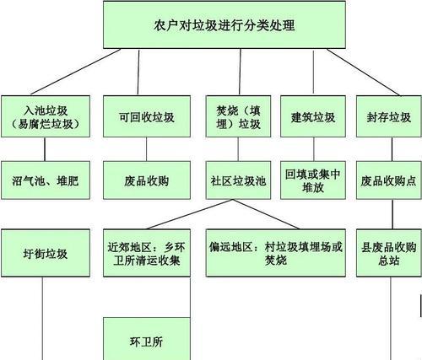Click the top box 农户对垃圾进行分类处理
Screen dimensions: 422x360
(225, 24)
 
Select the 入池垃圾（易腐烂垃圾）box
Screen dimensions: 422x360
(46, 116)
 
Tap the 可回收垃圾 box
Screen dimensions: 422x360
(147, 116)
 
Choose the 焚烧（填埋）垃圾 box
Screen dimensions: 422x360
(238, 116)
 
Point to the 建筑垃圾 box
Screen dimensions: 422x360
(313, 116)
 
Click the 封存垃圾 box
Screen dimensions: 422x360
(389, 116)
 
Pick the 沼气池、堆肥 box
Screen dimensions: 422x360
(46, 180)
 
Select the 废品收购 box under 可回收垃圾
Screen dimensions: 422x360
(147, 180)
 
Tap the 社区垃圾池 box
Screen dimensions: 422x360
(238, 180)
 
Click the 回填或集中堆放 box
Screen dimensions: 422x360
(313, 180)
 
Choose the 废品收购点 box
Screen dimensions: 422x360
(389, 180)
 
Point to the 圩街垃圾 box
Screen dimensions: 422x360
(46, 253)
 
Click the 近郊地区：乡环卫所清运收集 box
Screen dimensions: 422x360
(147, 253)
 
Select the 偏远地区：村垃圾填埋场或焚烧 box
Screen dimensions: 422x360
(276, 253)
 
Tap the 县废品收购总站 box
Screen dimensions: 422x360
(389, 253)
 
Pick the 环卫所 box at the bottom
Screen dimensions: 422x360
(147, 339)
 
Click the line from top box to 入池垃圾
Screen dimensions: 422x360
(76, 72)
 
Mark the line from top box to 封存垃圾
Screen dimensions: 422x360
(363, 72)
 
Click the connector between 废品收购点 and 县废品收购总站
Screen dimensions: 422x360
(392, 214)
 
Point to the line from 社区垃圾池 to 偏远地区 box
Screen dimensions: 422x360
(266, 214)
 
